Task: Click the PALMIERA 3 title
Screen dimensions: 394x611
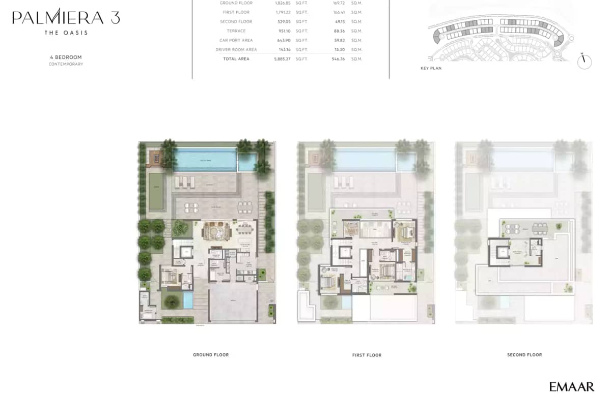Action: coord(66,18)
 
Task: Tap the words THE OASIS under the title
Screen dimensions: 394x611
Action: coord(66,33)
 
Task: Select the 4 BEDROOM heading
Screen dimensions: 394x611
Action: coord(66,57)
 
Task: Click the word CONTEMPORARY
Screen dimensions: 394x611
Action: coord(66,65)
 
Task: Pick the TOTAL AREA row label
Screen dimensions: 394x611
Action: coord(236,59)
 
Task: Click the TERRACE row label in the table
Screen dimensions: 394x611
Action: coord(236,31)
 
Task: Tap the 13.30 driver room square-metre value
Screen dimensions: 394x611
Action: coord(339,50)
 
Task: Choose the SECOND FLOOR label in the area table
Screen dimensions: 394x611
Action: coord(236,22)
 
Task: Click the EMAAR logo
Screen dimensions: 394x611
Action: coord(571,387)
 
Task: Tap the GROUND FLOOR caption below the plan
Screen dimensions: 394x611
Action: coord(211,355)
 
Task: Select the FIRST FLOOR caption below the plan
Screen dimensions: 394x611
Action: coord(367,355)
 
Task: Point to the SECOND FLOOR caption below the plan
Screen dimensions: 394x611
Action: coord(524,355)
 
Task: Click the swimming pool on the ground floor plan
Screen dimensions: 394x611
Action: coord(206,161)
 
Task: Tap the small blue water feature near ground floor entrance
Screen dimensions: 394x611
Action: coord(188,300)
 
